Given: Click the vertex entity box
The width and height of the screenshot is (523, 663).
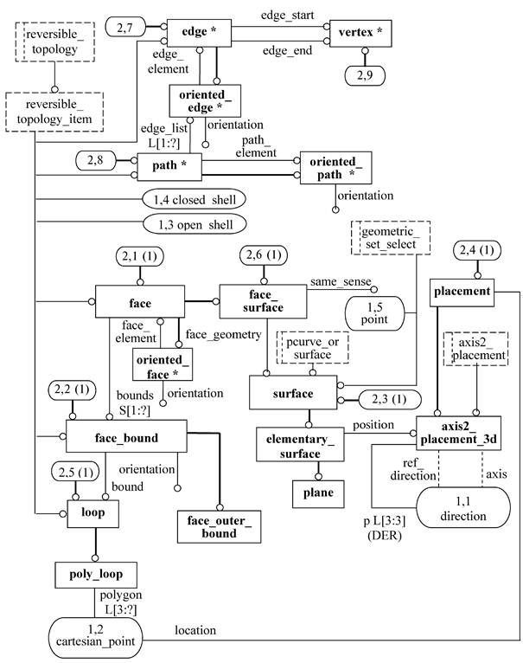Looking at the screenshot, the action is click(360, 33).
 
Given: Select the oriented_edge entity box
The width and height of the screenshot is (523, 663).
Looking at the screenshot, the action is click(205, 100).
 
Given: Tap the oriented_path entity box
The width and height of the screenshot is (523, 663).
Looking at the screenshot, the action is click(336, 168).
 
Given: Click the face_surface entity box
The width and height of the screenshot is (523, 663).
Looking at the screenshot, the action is click(263, 301).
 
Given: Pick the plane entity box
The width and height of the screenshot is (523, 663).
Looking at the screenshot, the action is click(318, 494).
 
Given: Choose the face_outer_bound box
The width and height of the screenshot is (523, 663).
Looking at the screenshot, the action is click(219, 527).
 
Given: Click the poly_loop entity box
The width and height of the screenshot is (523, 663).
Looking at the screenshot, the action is click(96, 575).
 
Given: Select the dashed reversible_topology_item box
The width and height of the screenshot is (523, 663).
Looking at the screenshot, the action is click(54, 112).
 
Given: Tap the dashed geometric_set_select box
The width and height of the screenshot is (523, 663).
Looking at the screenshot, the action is click(391, 238).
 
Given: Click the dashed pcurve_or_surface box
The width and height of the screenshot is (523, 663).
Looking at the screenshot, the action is click(313, 348).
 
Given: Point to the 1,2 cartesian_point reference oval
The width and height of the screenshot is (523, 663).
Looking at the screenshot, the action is click(95, 638).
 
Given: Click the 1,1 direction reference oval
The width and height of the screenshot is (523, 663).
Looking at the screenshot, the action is click(463, 507).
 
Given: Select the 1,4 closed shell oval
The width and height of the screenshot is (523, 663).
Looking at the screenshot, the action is click(195, 200).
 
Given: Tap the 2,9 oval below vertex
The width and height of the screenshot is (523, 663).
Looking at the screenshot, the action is click(365, 76).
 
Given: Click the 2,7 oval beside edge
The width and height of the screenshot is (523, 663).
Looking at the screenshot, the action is click(125, 28).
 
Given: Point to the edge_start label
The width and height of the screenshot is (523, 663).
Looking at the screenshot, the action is click(287, 16).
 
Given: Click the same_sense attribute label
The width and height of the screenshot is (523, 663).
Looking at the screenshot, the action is click(341, 281).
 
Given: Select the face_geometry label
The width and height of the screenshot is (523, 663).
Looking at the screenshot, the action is click(224, 334).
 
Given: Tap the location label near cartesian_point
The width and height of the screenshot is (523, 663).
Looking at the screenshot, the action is click(195, 630).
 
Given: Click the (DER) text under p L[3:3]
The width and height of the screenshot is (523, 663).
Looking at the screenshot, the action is click(385, 536).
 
